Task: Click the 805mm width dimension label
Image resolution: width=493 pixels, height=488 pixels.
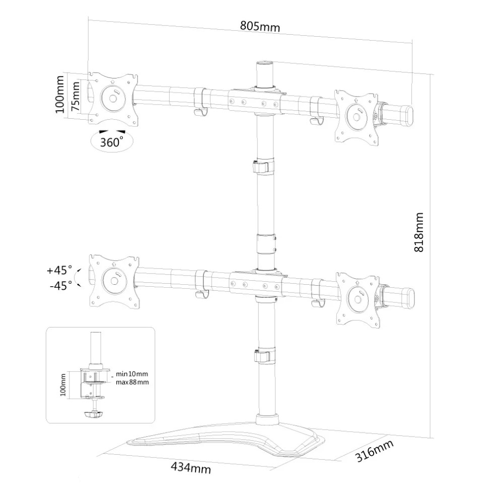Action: [260, 26]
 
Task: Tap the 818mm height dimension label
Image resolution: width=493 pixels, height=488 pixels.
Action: [418, 232]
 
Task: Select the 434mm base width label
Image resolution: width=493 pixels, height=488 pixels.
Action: [191, 468]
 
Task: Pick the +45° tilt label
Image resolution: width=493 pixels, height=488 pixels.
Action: [59, 270]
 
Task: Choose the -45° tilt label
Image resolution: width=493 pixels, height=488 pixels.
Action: [61, 285]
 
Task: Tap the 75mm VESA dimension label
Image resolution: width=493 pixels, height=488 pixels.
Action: [76, 96]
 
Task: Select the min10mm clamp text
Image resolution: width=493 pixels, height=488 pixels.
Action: [132, 374]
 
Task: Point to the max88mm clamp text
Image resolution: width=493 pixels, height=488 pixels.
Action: [132, 382]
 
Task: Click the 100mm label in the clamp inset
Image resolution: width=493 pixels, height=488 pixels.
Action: [63, 385]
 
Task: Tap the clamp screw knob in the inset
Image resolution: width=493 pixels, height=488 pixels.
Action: [94, 415]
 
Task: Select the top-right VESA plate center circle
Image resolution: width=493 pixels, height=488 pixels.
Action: [357, 117]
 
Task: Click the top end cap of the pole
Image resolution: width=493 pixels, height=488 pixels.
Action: [264, 64]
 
